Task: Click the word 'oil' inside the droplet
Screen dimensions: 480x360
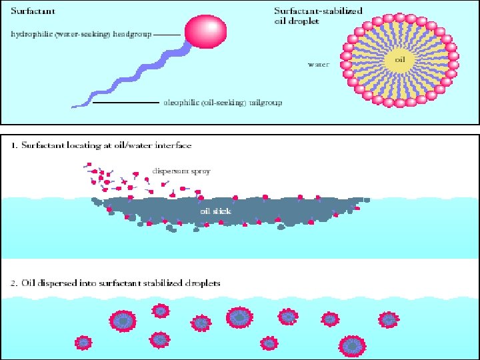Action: (400, 59)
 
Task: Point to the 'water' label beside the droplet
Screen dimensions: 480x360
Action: (317, 65)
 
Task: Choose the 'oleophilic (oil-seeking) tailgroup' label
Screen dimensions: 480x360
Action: (223, 103)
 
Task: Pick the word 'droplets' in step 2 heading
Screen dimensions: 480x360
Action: (201, 283)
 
